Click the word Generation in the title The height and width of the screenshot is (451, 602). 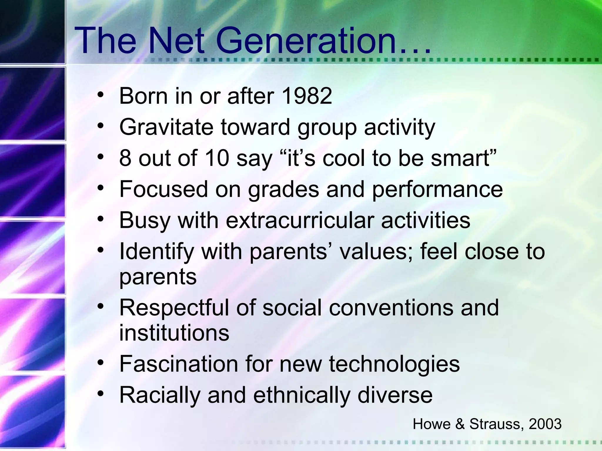(x=306, y=41)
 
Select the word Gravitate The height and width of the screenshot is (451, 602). (x=166, y=127)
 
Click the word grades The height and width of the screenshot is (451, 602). (x=283, y=190)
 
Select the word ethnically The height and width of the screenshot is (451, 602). (x=302, y=396)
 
